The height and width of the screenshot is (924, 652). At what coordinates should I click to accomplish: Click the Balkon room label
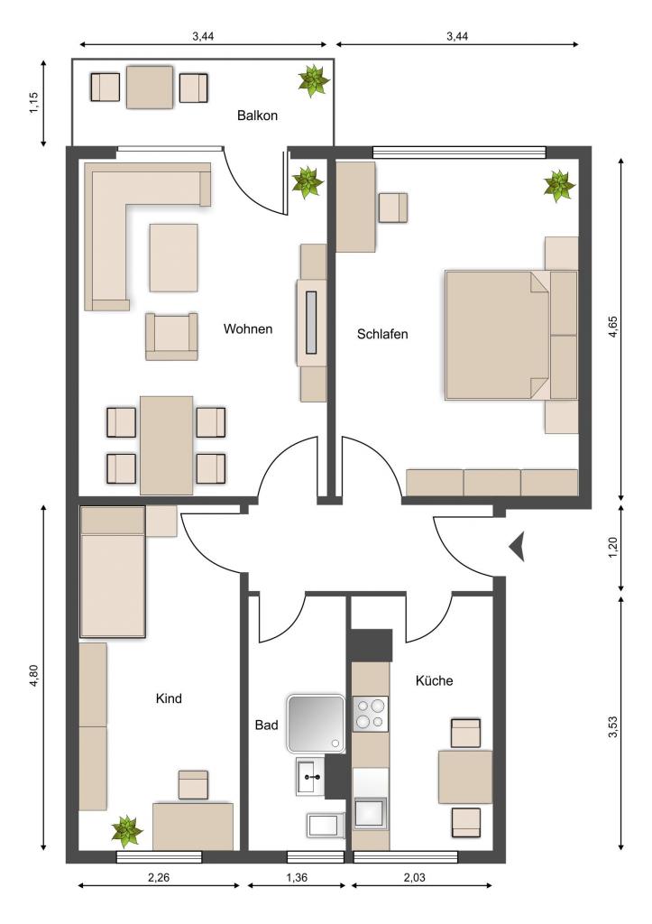[x=257, y=115]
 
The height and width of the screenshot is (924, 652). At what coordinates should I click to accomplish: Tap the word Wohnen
[x=248, y=328]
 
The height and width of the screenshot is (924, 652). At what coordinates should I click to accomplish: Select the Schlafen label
[x=382, y=334]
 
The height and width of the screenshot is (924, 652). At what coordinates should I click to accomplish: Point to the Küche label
[x=434, y=680]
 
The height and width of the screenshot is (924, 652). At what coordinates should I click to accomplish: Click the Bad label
[x=266, y=725]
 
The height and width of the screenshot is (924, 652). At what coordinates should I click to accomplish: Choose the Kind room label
[x=169, y=698]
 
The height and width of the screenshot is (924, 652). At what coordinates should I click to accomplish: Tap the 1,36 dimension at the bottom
[x=297, y=877]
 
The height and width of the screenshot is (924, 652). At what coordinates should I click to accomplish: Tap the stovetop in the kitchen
[x=371, y=714]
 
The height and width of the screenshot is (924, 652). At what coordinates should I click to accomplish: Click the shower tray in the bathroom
[x=315, y=724]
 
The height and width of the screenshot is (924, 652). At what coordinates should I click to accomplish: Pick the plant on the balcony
[x=313, y=80]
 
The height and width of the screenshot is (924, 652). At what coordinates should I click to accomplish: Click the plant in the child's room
[x=127, y=830]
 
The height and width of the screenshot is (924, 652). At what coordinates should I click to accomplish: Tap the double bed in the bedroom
[x=511, y=336]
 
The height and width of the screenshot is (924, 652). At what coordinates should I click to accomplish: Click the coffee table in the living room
[x=173, y=257]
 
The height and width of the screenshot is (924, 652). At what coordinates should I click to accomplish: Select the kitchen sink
[x=371, y=813]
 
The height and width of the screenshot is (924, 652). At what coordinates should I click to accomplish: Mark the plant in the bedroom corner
[x=559, y=186]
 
